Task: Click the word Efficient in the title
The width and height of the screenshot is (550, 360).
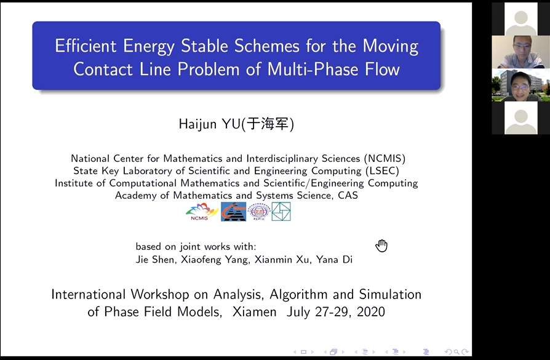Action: tap(86, 46)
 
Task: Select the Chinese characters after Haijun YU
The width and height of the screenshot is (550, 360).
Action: tap(268, 124)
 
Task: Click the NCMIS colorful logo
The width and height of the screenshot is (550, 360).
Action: tap(202, 212)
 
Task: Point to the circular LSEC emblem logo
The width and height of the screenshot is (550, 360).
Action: tap(259, 212)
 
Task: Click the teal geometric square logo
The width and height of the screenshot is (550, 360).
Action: tap(281, 212)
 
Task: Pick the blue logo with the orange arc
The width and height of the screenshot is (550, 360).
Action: tap(233, 212)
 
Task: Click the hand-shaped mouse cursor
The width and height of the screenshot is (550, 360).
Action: tap(381, 246)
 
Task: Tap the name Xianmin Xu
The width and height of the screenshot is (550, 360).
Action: tap(282, 260)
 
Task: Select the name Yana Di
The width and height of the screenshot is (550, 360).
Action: tap(334, 260)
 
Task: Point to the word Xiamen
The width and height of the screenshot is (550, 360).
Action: tap(254, 311)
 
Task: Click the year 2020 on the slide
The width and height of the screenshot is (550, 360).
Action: tap(371, 311)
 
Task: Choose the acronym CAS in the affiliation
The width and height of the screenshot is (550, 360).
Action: tap(348, 195)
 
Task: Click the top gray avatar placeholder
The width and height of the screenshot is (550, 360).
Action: tap(521, 19)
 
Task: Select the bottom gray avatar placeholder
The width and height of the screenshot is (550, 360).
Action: tap(521, 118)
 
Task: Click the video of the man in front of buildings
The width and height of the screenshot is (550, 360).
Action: tap(521, 86)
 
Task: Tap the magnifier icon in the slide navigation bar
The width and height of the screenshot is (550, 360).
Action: tap(456, 351)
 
